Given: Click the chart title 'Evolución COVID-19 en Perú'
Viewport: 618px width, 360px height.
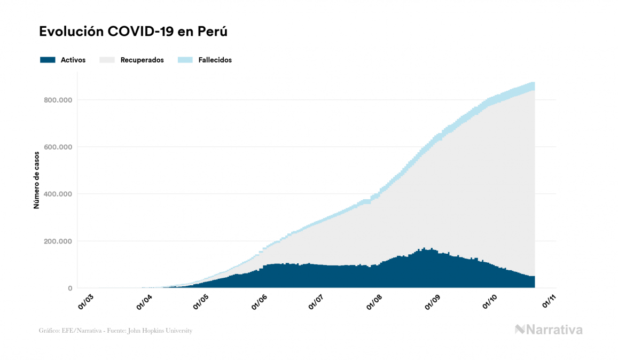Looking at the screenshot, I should click(134, 32).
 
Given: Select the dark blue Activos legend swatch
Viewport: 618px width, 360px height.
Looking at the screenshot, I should click(48, 60).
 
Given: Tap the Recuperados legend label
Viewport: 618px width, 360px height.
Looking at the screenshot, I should click(142, 60).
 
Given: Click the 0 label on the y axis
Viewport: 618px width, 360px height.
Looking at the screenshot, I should click(69, 288).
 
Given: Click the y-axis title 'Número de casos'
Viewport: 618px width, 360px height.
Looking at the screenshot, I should click(36, 184).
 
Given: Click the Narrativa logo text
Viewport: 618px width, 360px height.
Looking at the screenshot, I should click(554, 330).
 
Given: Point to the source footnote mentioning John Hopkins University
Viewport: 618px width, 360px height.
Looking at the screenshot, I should click(115, 331).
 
